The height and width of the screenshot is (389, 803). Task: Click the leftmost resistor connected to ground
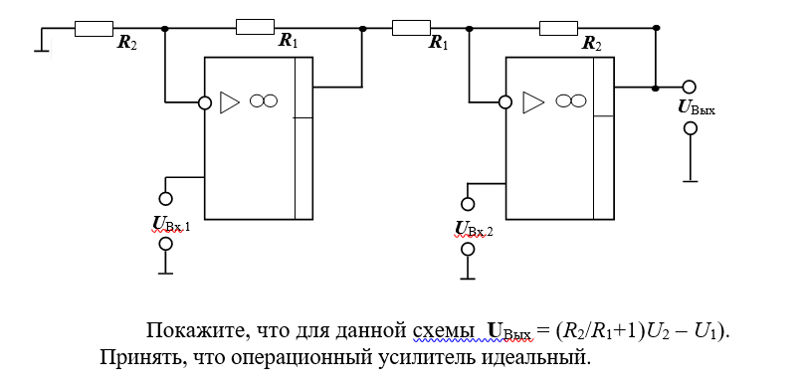(94, 29)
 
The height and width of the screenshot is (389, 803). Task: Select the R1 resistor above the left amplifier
(255, 27)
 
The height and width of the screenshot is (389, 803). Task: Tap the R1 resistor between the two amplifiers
(411, 28)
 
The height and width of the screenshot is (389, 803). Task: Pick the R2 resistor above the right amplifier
(559, 28)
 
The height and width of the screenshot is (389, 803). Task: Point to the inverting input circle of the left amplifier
(204, 102)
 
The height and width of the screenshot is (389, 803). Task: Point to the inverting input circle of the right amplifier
(505, 102)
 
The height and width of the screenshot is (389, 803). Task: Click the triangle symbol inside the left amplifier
(230, 102)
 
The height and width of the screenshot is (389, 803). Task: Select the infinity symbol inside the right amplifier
(571, 101)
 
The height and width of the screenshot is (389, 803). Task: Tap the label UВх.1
(171, 224)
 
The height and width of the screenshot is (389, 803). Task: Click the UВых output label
(697, 107)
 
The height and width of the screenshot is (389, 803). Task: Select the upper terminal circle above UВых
(690, 88)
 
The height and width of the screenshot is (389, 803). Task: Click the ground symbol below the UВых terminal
(691, 181)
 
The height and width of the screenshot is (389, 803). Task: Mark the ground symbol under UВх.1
(165, 274)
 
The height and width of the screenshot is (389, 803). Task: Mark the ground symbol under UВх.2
(468, 279)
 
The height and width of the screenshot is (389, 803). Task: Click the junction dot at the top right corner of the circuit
(657, 28)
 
